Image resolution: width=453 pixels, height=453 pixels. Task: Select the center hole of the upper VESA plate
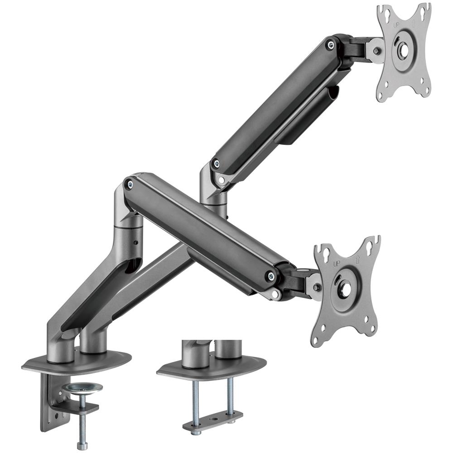click(x=402, y=50)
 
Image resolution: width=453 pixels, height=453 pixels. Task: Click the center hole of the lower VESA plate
click(x=344, y=290)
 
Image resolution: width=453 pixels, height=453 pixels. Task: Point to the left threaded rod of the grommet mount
click(x=195, y=399)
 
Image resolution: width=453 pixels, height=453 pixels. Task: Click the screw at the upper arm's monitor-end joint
click(x=332, y=44)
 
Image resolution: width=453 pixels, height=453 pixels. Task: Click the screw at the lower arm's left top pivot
click(x=130, y=183)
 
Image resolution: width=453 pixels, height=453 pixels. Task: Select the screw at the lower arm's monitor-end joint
click(x=271, y=275)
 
